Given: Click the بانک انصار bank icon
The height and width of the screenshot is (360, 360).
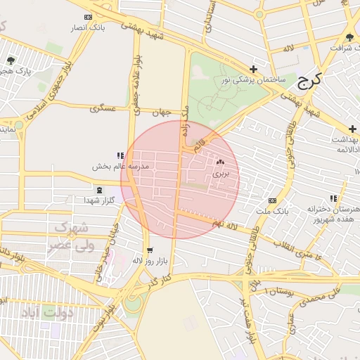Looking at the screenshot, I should (x=87, y=17).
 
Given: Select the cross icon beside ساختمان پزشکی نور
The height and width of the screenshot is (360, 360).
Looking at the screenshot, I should (x=253, y=69).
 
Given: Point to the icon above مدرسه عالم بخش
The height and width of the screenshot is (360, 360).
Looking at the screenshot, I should (x=120, y=155).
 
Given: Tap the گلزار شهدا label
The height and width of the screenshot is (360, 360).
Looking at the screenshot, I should (x=99, y=200).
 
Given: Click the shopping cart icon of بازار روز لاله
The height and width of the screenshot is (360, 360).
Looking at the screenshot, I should (x=149, y=250).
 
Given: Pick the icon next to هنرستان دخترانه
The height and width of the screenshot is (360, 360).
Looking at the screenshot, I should (x=333, y=199).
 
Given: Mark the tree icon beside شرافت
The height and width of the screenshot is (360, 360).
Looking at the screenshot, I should (x=350, y=37).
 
